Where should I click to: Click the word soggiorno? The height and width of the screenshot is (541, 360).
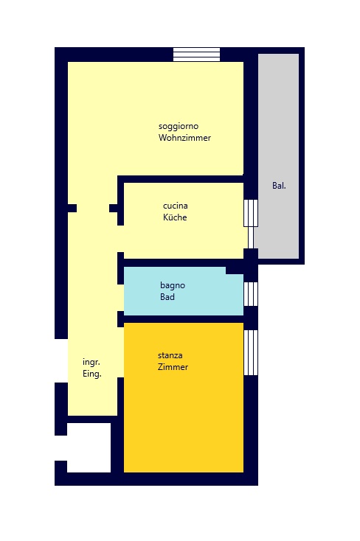[x=178, y=126]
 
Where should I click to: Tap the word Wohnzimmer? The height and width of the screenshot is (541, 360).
[x=184, y=139]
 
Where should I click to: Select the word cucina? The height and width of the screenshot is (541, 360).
[x=175, y=206]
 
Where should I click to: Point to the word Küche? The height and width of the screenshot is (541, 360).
[x=175, y=218]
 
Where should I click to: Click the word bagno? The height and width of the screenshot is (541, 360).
[x=173, y=285]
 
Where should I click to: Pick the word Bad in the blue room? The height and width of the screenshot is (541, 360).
[x=167, y=298]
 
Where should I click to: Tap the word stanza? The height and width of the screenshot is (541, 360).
[x=170, y=355]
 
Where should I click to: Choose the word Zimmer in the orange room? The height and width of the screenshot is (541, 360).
[x=173, y=367]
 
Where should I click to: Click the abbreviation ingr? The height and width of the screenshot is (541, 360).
[x=91, y=362]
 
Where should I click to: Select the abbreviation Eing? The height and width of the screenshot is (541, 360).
[x=91, y=374]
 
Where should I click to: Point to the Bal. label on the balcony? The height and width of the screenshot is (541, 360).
[x=279, y=186]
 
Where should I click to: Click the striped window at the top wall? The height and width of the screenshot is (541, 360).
[x=196, y=55]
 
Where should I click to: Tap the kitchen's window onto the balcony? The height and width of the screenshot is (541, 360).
[x=251, y=212]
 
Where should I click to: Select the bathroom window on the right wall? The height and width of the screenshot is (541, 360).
[x=251, y=293]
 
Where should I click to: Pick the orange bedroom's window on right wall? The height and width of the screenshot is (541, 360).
[x=251, y=352]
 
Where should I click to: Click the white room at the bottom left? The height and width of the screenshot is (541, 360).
[x=89, y=447]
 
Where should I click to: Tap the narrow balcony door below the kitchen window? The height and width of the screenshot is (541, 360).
[x=251, y=237]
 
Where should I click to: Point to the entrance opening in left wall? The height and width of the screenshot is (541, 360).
[x=60, y=360]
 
